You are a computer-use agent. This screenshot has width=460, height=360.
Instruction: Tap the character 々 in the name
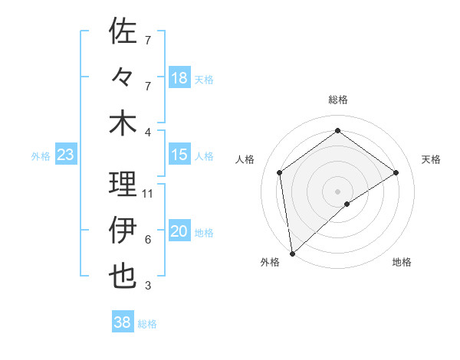123,77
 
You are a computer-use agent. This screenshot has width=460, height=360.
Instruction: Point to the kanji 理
123,184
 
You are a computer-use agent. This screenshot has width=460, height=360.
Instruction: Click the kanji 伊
123,230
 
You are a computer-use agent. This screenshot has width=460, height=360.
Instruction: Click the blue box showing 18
179,77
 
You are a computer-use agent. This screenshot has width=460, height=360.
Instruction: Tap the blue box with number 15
179,155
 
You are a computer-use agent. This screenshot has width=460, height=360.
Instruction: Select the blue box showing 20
179,231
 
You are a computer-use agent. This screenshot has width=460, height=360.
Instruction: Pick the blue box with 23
66,155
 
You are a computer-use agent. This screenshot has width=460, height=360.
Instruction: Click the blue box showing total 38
123,322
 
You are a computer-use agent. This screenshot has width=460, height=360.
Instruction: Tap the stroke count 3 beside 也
148,286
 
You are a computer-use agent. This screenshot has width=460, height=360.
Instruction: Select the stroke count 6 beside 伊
148,240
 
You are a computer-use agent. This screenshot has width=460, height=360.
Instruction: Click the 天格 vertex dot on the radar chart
396,172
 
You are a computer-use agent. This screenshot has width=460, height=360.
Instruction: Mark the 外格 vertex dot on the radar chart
292,253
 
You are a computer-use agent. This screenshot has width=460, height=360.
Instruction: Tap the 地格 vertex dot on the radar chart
347,204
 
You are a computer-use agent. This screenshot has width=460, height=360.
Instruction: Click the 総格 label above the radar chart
337,100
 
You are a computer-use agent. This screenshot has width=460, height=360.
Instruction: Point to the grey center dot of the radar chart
337,191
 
